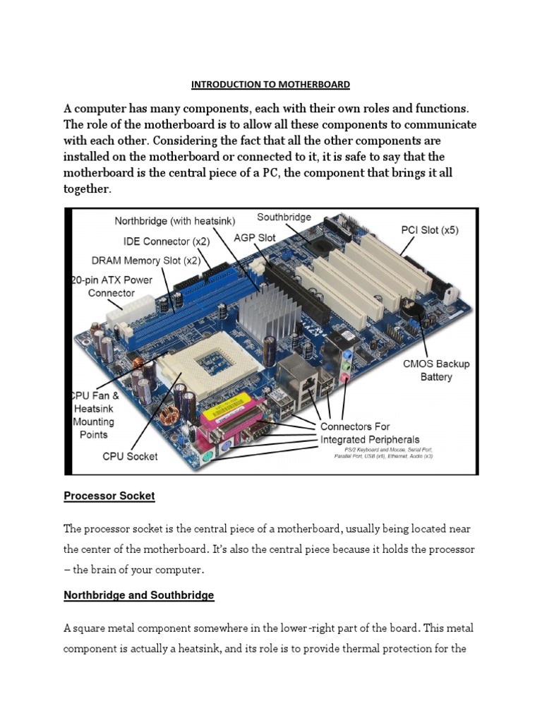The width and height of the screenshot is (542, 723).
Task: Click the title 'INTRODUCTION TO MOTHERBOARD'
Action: [270, 85]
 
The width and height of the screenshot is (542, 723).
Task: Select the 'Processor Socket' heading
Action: [109, 496]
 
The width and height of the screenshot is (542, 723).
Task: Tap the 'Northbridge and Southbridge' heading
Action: [138, 595]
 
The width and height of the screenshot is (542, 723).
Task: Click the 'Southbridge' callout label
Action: [284, 217]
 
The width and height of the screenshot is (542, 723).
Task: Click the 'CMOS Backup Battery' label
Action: [436, 370]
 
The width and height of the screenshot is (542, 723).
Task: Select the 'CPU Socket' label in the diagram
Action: [130, 456]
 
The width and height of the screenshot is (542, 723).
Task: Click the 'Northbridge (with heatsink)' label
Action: [174, 221]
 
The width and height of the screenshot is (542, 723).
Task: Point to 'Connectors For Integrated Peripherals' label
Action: [365, 433]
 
